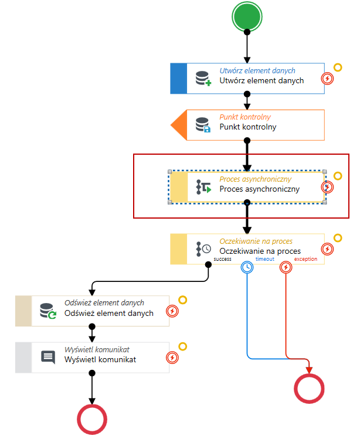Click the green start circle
click(247, 16)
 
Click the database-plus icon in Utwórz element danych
click(203, 79)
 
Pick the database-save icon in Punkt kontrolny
click(203, 125)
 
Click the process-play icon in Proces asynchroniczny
click(203, 187)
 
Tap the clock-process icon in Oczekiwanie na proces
click(203, 249)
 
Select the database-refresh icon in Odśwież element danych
click(48, 311)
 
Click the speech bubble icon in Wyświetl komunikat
click(48, 358)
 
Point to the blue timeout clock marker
click(247, 267)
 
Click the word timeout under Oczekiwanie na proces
click(265, 259)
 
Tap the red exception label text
click(305, 259)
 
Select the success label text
click(222, 259)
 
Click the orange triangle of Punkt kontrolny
click(179, 125)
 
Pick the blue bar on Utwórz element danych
click(178, 79)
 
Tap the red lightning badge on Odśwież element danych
click(172, 311)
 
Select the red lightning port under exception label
click(286, 267)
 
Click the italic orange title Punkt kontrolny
click(245, 117)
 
